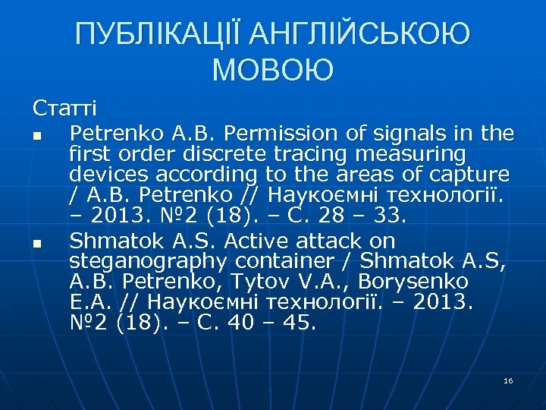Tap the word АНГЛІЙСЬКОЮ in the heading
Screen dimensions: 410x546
(x=359, y=34)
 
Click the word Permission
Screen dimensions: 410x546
(x=277, y=134)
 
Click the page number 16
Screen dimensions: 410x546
(x=508, y=380)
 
